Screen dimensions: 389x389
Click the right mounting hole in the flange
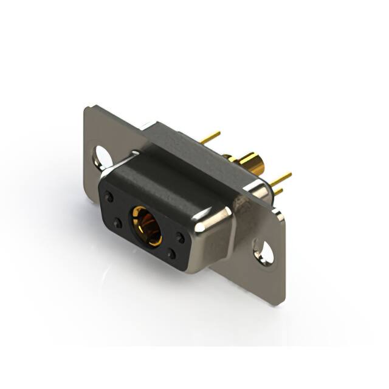point(264,251)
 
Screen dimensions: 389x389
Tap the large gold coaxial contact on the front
point(146,225)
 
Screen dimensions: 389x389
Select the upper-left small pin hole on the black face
point(109,197)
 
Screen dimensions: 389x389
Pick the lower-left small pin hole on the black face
point(117,223)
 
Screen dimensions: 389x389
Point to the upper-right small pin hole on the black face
point(180,238)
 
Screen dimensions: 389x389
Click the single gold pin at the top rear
point(210,137)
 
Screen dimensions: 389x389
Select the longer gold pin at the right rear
point(281,179)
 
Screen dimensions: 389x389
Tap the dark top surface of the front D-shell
point(164,176)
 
